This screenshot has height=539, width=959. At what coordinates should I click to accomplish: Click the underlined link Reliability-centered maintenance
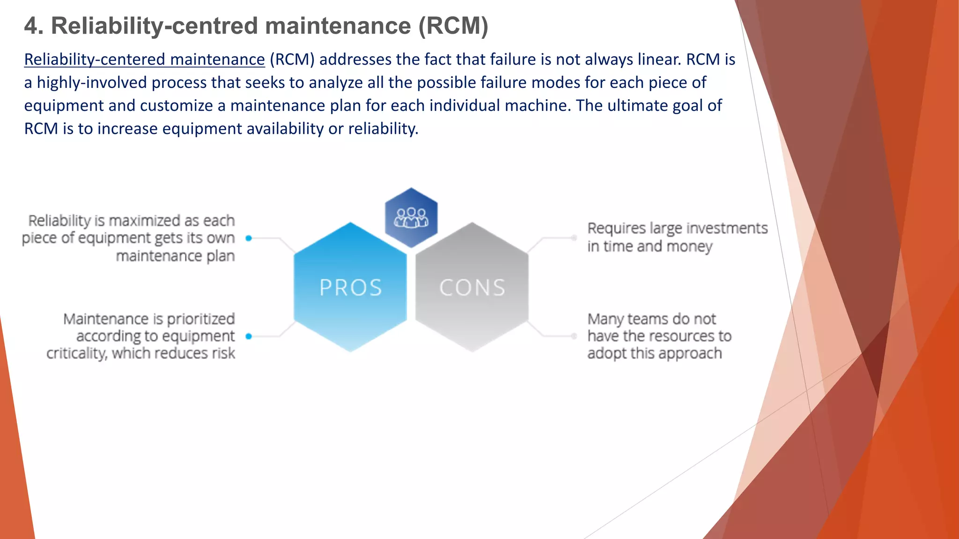tap(144, 60)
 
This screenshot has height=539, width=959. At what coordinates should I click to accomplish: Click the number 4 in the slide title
tap(31, 26)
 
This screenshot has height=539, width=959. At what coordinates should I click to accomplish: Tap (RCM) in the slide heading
tap(453, 26)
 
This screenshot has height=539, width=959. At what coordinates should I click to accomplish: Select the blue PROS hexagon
tap(350, 287)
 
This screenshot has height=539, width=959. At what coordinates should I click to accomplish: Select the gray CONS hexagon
tap(472, 287)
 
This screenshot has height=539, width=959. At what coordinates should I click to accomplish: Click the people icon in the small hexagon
tap(411, 218)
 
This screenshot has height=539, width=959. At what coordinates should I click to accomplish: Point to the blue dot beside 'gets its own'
tap(249, 238)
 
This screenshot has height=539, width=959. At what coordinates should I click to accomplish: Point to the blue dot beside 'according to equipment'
tap(249, 336)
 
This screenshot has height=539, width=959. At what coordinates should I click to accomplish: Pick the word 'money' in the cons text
tap(689, 247)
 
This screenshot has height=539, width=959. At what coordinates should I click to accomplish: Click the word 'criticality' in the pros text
tap(77, 353)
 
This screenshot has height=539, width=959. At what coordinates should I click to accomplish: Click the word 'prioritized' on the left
tap(200, 319)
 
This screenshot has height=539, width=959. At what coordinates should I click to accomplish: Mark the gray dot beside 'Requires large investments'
tap(574, 238)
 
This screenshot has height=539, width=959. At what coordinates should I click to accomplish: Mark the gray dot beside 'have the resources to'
tap(574, 336)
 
